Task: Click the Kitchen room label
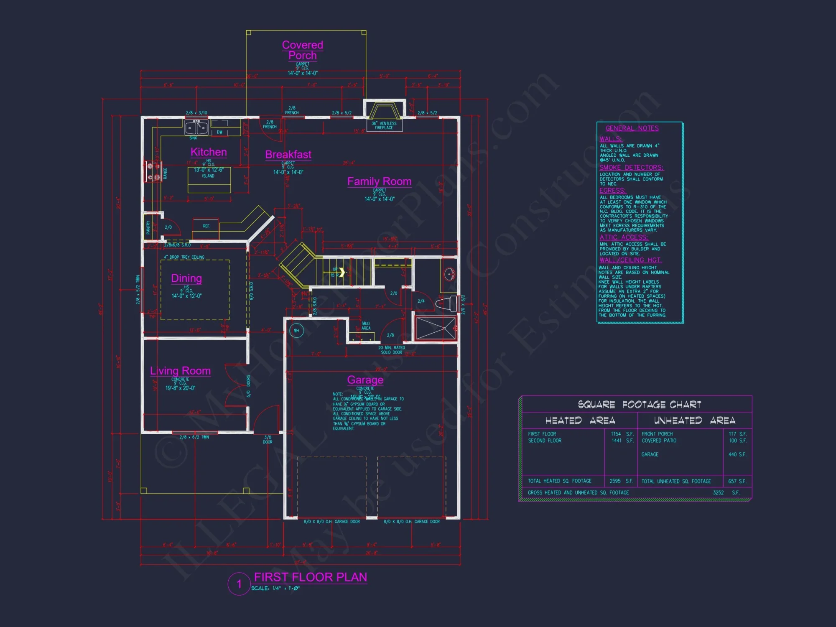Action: pyautogui.click(x=209, y=152)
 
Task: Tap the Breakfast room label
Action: pyautogui.click(x=288, y=155)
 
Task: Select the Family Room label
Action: pyautogui.click(x=379, y=181)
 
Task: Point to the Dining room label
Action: pyautogui.click(x=186, y=278)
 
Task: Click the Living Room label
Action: pyautogui.click(x=180, y=371)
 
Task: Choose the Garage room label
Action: pyautogui.click(x=365, y=380)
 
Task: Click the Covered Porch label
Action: pyautogui.click(x=303, y=50)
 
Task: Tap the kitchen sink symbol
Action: pyautogui.click(x=196, y=127)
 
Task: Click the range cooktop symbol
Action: pyautogui.click(x=153, y=171)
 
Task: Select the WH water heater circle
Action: pyautogui.click(x=296, y=331)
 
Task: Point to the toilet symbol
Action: pyautogui.click(x=446, y=303)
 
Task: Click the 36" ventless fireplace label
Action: pyautogui.click(x=384, y=125)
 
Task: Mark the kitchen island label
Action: pyautogui.click(x=208, y=176)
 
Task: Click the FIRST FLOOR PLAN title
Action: pyautogui.click(x=311, y=577)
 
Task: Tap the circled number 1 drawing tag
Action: pyautogui.click(x=239, y=584)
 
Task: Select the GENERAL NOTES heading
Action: pyautogui.click(x=632, y=128)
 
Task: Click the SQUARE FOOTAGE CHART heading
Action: pyautogui.click(x=640, y=404)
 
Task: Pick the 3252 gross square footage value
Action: pyautogui.click(x=718, y=492)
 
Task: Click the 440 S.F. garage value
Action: pyautogui.click(x=737, y=454)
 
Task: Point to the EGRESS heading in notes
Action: pyautogui.click(x=612, y=191)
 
